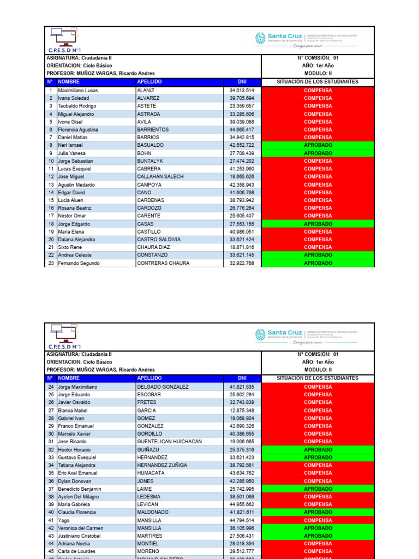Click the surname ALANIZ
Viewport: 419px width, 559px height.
146,90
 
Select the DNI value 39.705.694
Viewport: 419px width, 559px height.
242,98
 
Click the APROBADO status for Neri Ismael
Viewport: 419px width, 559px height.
318,145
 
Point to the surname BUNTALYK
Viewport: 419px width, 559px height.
149,161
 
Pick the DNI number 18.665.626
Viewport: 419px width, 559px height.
242,177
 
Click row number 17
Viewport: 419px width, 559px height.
51,216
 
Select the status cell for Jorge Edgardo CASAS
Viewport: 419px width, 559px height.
318,224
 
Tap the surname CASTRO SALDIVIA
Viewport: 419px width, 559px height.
159,240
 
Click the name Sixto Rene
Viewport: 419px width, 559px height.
70,247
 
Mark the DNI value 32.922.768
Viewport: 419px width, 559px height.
242,263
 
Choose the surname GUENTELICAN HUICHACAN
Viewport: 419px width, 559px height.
169,442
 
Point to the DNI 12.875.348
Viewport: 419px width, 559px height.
242,411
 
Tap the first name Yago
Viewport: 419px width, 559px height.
64,521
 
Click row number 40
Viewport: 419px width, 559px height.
51,513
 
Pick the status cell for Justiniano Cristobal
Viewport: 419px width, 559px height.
318,536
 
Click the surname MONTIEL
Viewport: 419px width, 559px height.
148,544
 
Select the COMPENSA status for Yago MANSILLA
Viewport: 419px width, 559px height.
318,521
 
